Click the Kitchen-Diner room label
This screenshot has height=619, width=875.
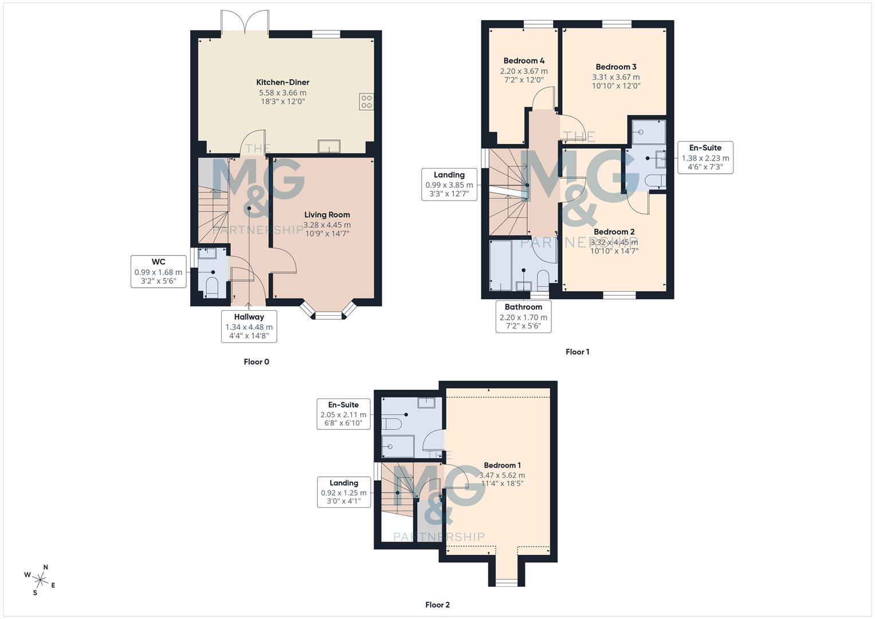tap(282, 83)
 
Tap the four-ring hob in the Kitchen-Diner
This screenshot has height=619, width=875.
tap(366, 101)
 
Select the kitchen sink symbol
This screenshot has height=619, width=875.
tap(329, 147)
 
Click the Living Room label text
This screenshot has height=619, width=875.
tap(327, 215)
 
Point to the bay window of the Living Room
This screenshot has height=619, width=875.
tap(328, 311)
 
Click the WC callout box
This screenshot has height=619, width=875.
tap(159, 271)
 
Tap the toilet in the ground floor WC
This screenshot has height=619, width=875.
tap(211, 287)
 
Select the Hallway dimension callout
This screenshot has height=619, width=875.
tap(249, 327)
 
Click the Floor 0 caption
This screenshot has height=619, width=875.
tap(256, 362)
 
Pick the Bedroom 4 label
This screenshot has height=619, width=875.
tap(524, 61)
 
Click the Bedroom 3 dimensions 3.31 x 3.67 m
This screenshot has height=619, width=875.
tap(616, 77)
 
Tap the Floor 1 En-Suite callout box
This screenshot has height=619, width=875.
tap(705, 158)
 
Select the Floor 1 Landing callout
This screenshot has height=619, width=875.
tap(449, 185)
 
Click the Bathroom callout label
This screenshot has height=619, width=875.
tap(523, 316)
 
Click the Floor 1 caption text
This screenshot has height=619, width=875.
tap(577, 352)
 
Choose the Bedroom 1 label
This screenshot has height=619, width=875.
tap(502, 465)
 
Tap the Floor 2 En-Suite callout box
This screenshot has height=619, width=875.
tap(343, 414)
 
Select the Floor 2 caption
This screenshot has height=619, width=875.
tap(437, 605)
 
